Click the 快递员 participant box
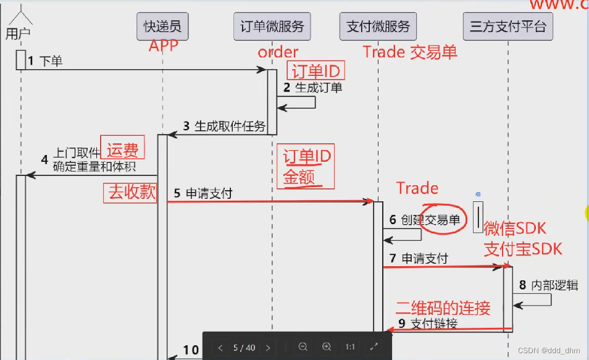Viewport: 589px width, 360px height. (x=163, y=27)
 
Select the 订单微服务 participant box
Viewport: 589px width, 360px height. (x=272, y=27)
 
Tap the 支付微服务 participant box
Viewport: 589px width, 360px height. (x=378, y=27)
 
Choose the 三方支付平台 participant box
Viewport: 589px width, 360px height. (x=508, y=27)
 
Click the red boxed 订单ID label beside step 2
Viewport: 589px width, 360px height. (x=315, y=70)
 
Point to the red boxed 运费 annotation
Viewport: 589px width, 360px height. (x=122, y=149)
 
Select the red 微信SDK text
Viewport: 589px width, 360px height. (x=514, y=228)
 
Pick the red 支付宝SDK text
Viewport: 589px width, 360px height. (x=523, y=249)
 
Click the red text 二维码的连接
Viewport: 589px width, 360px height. (x=443, y=308)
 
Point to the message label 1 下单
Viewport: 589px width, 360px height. (x=45, y=61)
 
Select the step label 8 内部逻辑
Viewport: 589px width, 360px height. (x=548, y=285)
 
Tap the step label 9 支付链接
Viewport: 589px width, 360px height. (x=428, y=323)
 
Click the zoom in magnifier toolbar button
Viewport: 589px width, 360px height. (x=327, y=348)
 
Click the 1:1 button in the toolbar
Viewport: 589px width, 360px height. (x=350, y=348)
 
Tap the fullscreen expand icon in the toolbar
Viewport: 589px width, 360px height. (x=374, y=348)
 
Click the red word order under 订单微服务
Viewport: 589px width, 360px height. (x=278, y=52)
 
